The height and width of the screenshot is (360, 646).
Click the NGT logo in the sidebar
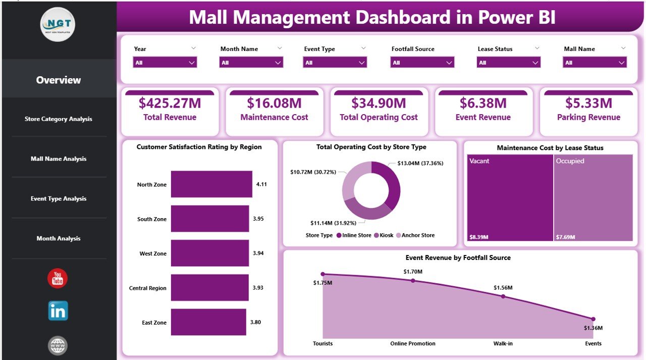click(58, 24)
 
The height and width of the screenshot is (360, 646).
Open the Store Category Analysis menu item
click(59, 119)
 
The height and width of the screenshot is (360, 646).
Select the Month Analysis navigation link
click(59, 238)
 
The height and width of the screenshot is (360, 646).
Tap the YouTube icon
click(58, 279)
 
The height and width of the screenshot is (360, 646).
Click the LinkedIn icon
click(58, 311)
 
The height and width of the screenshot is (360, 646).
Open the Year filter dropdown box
click(165, 63)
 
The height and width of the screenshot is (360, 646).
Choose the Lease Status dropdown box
click(508, 63)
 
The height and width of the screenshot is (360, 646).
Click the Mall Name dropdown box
click(595, 63)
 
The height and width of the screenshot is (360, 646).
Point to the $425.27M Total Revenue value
click(170, 103)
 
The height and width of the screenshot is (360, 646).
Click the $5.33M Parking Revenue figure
click(588, 103)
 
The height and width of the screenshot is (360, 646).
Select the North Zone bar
click(211, 184)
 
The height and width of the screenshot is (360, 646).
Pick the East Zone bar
click(208, 323)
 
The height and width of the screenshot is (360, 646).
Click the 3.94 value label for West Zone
click(258, 253)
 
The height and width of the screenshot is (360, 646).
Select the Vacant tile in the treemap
click(509, 197)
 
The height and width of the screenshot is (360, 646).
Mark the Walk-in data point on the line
click(503, 296)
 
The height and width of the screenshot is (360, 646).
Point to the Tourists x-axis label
click(322, 343)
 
